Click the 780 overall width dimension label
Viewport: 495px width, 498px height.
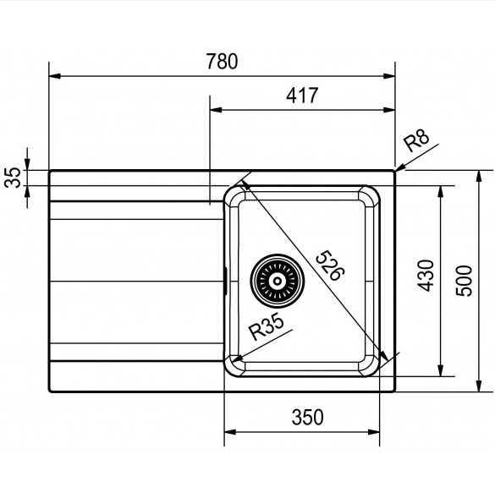222,61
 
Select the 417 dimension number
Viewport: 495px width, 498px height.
302,96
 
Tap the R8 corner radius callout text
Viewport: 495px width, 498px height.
416,140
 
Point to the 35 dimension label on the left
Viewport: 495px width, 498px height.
13,178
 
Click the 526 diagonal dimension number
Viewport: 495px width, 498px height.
331,265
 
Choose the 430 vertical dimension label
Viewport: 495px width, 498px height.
426,276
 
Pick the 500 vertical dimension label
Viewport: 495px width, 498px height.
464,281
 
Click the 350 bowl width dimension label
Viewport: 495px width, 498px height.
307,418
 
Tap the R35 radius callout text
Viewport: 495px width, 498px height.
266,326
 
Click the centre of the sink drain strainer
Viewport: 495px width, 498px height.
278,281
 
